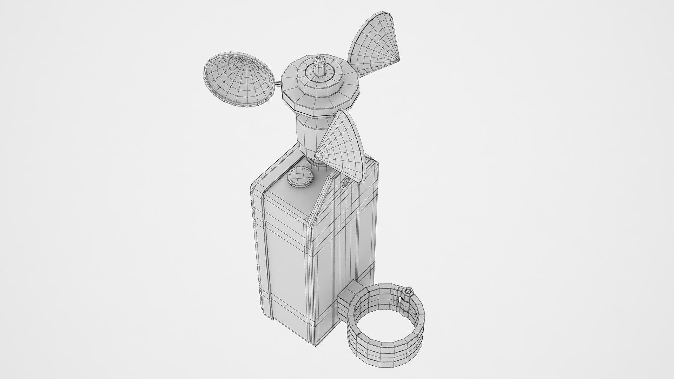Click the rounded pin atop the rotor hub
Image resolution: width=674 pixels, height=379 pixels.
coord(319,65)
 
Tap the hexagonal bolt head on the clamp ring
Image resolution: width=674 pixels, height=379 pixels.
coord(408,282)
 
